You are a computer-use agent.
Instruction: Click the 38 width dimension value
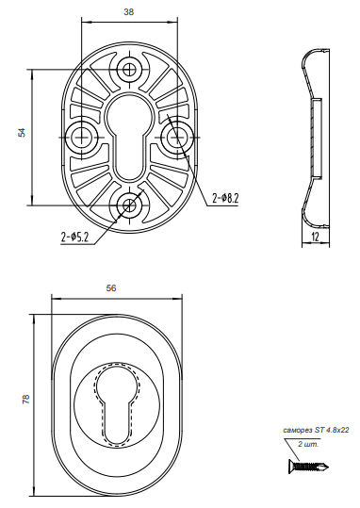[129, 12]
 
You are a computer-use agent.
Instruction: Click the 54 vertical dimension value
[22, 133]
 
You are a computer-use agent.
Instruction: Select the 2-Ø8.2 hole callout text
[225, 198]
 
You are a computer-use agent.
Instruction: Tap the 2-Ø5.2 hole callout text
[74, 238]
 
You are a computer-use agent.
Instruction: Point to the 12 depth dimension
[315, 237]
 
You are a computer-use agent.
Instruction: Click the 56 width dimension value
[111, 288]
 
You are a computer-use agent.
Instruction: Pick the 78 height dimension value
[26, 399]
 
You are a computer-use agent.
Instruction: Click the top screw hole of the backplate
[129, 69]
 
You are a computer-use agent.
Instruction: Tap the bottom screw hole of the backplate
[129, 205]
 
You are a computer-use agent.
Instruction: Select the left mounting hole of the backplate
[81, 138]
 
